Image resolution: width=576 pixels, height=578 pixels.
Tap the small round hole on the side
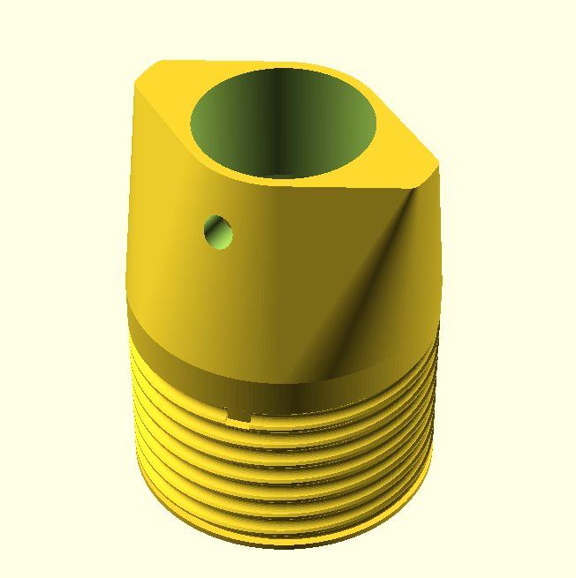click(218, 232)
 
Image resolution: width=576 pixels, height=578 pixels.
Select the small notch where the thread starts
click(237, 414)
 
